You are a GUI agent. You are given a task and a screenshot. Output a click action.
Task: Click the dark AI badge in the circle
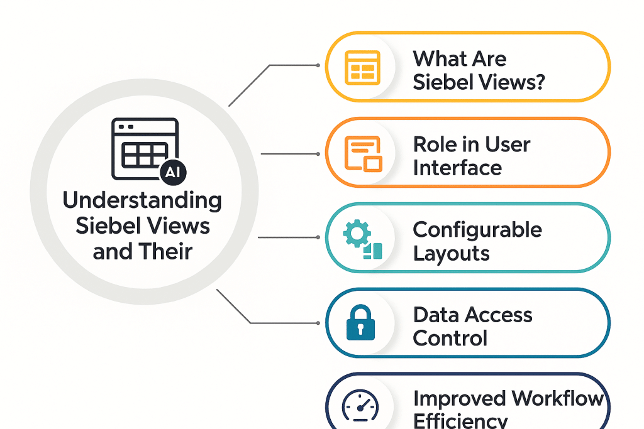point(173,175)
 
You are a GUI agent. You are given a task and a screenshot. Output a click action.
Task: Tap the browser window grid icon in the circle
point(143,149)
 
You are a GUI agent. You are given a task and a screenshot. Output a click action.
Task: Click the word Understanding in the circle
point(142,201)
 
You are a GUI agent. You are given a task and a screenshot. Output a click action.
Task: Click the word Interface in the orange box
point(457,168)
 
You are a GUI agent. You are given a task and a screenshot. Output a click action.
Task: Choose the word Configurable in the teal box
point(477,230)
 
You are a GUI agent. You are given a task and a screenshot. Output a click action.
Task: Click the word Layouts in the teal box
point(451,254)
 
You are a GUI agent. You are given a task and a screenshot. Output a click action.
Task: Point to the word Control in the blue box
point(450,339)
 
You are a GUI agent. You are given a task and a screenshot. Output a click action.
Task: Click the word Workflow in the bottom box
point(557,399)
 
